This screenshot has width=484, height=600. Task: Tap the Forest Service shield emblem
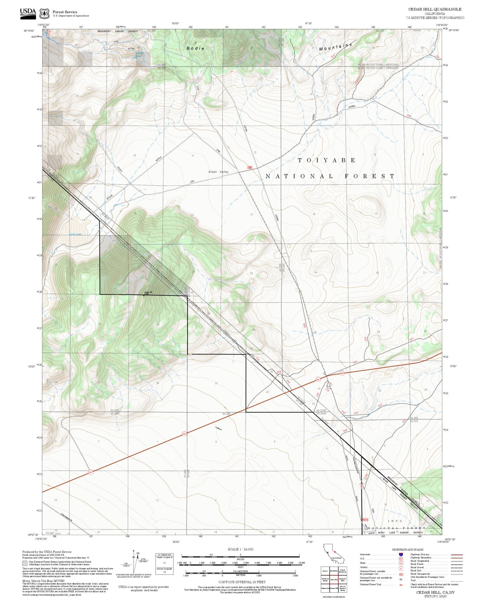(x=44, y=13)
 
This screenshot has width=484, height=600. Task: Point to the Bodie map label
(x=195, y=48)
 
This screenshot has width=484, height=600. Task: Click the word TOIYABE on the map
(x=327, y=160)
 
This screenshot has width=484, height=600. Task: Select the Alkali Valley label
(x=218, y=172)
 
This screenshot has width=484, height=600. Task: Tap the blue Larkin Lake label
(x=75, y=234)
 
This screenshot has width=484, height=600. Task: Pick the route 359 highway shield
(x=342, y=373)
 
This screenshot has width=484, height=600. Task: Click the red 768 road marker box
(x=250, y=167)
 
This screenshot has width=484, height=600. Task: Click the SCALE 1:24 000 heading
(x=240, y=549)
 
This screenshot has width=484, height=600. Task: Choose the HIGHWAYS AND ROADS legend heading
(x=407, y=549)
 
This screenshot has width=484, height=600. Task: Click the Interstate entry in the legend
(x=365, y=555)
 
